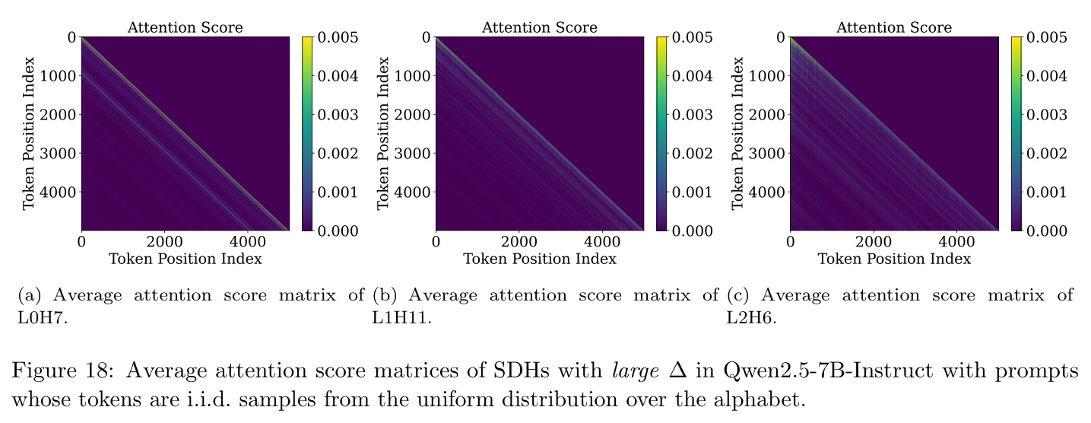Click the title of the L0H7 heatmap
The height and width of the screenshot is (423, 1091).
click(x=185, y=27)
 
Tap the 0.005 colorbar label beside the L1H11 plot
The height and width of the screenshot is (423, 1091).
click(x=692, y=37)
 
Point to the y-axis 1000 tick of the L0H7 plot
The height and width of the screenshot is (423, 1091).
click(x=58, y=76)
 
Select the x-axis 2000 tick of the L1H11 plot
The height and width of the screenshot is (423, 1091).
click(x=519, y=241)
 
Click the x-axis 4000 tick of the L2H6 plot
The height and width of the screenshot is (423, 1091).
click(x=956, y=241)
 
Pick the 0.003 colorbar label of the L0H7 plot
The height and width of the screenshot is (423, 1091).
click(x=338, y=115)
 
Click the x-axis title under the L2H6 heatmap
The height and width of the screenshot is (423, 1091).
click(x=894, y=259)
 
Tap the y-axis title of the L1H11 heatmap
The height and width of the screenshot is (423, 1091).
click(x=383, y=134)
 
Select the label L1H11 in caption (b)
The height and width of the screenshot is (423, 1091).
click(x=402, y=318)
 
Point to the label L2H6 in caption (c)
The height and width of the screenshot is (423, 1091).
click(x=751, y=318)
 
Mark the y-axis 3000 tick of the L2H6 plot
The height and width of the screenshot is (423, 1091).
click(x=766, y=154)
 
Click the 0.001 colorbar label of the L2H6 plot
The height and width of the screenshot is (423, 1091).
click(x=1047, y=192)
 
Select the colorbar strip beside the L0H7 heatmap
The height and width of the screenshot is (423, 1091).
click(x=307, y=134)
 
